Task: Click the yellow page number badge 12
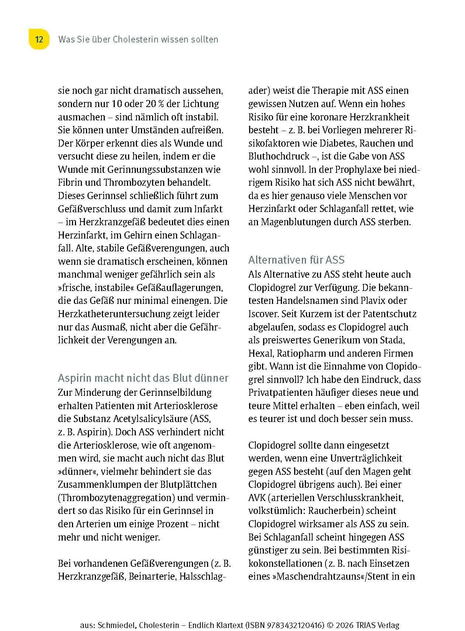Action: pyautogui.click(x=39, y=39)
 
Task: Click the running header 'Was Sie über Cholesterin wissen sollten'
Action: pyautogui.click(x=138, y=39)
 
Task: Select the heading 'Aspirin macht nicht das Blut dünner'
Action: pyautogui.click(x=143, y=378)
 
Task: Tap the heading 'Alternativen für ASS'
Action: pyautogui.click(x=296, y=260)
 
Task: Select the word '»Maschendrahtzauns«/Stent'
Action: pyautogui.click(x=330, y=576)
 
